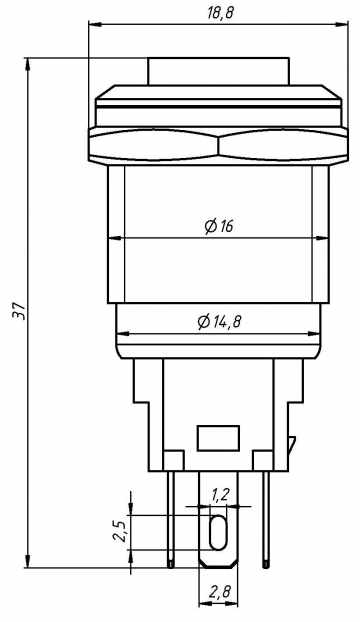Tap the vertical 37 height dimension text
[x=16, y=312]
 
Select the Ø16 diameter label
[x=218, y=227]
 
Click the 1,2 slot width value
[x=220, y=494]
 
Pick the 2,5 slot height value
[x=119, y=531]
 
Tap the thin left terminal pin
[x=172, y=520]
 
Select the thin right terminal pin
[x=266, y=520]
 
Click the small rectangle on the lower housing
[x=219, y=438]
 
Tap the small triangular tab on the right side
[x=291, y=443]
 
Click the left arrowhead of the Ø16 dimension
[x=112, y=238]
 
